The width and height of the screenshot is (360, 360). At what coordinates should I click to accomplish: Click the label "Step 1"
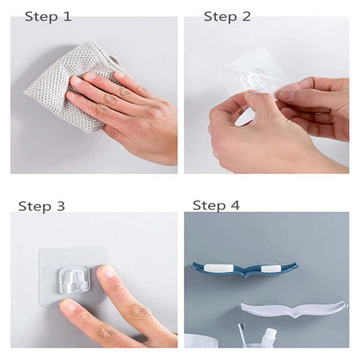click(x=48, y=17)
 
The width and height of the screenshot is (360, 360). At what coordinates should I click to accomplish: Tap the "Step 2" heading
click(x=227, y=17)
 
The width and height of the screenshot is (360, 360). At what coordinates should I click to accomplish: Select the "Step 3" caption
click(x=41, y=206)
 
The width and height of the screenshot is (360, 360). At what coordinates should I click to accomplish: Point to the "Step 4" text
click(x=216, y=205)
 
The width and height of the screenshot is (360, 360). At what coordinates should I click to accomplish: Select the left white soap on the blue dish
click(x=219, y=268)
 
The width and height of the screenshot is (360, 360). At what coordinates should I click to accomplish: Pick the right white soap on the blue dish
click(x=271, y=268)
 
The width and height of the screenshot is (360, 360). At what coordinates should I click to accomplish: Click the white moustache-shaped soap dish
click(x=294, y=309)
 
